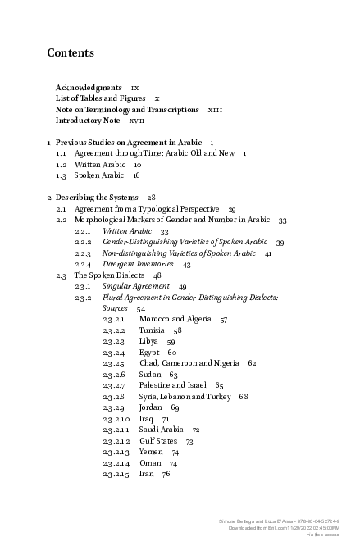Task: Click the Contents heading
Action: point(71,53)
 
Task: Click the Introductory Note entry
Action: point(88,121)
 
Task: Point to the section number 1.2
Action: point(61,165)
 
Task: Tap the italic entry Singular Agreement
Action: point(135,287)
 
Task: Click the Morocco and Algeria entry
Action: point(175,318)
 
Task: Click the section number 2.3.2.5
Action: point(114,362)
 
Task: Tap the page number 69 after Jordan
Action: point(175,407)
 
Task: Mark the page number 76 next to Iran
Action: point(166,474)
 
